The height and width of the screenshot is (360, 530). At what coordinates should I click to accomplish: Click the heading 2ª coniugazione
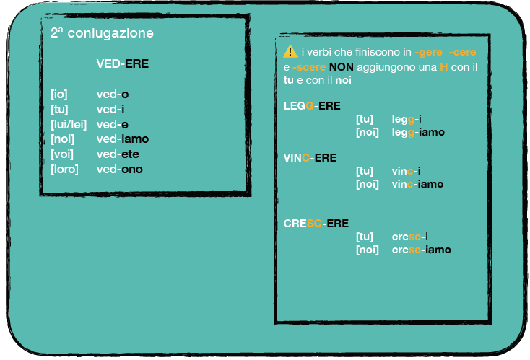[102, 33]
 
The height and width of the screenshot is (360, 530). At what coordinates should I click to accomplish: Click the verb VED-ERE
[122, 63]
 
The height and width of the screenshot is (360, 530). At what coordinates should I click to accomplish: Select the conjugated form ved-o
[113, 94]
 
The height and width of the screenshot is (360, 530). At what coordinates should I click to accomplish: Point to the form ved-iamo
[123, 139]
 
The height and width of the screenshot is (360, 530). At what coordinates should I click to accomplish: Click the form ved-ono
[120, 170]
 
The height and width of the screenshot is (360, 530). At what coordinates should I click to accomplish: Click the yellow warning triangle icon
[290, 52]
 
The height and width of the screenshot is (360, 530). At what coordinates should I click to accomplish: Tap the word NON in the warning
[341, 66]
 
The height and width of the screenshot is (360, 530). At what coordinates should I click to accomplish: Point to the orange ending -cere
[463, 53]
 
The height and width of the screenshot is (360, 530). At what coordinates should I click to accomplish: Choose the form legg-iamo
[418, 132]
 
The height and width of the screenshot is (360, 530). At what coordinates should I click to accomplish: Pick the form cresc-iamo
[421, 250]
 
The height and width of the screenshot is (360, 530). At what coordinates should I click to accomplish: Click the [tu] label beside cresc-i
[365, 237]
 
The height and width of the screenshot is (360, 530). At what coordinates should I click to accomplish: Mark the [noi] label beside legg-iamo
[368, 132]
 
